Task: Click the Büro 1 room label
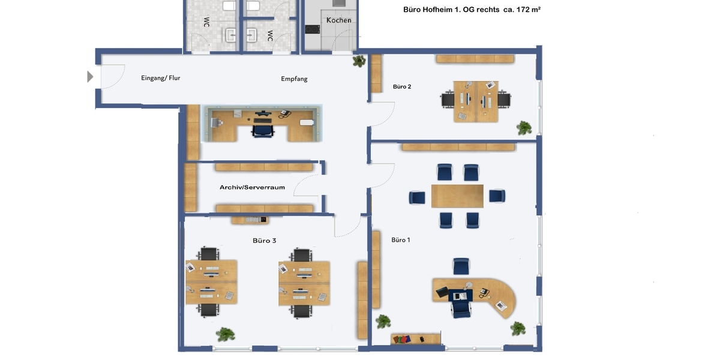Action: [x=401, y=240]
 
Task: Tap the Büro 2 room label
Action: [x=402, y=86]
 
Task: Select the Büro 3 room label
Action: [x=264, y=241]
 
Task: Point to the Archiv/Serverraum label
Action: [x=252, y=187]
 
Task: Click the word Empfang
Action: [x=294, y=79]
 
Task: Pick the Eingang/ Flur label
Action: [x=160, y=78]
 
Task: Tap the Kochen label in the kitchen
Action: [x=338, y=20]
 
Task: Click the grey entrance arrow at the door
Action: [x=91, y=76]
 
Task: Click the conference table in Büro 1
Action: [x=457, y=196]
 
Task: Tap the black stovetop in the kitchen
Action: [x=313, y=28]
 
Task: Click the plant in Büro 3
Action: [x=226, y=334]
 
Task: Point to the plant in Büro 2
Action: [x=524, y=127]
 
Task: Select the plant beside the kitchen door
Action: [x=359, y=61]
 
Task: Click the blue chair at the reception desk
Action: [x=262, y=128]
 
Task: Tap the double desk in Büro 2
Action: [x=476, y=101]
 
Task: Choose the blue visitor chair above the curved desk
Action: [x=461, y=266]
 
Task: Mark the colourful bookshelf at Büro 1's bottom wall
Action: [x=415, y=339]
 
